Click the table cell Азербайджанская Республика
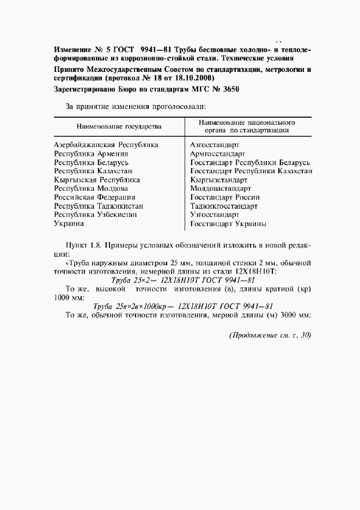coord(106,145)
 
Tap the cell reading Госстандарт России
coord(225,197)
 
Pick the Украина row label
coord(69,223)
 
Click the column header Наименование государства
coord(119,126)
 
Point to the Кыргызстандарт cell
coord(219,180)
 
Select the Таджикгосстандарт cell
coord(224,206)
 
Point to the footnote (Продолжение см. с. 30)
coord(269,336)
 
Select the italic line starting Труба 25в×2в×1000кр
coord(183,306)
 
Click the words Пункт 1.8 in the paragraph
coord(84,245)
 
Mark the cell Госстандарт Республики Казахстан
coord(251,171)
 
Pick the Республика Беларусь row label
coord(91,162)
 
